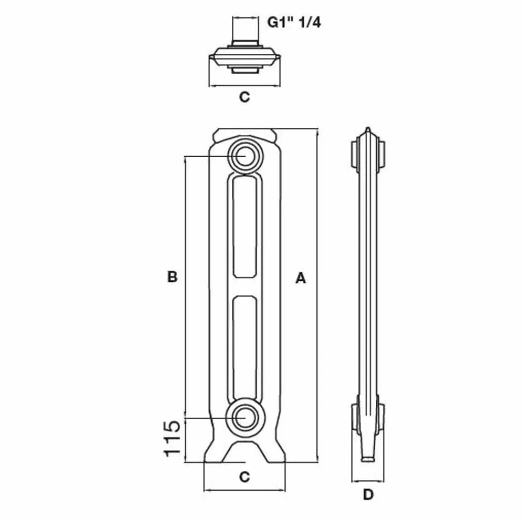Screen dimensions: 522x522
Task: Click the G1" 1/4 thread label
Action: click(x=294, y=22)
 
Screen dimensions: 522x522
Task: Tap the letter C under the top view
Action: click(x=245, y=97)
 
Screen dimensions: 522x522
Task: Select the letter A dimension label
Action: click(x=300, y=278)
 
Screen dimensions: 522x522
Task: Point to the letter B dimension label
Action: click(x=172, y=277)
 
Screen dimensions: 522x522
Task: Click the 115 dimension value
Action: click(x=172, y=438)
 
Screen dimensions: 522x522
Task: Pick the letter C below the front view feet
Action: click(x=245, y=477)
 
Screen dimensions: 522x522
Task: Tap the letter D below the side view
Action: click(x=368, y=495)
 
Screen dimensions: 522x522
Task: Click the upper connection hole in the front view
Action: click(x=245, y=156)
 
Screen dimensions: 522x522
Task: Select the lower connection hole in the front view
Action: click(x=245, y=418)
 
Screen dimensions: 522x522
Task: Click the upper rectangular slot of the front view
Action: click(x=245, y=227)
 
